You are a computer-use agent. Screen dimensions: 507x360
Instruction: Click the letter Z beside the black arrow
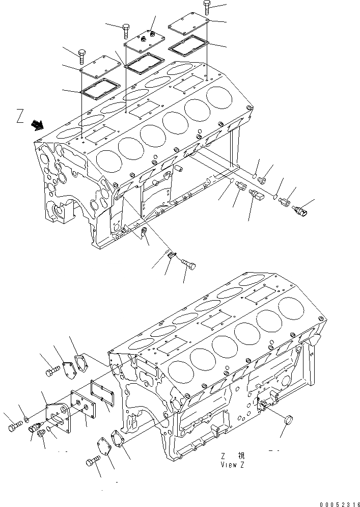[20, 117]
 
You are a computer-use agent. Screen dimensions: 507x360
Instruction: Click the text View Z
[233, 464]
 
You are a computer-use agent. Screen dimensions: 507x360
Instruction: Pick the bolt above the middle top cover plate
[126, 31]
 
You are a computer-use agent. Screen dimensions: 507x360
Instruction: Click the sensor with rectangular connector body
[256, 195]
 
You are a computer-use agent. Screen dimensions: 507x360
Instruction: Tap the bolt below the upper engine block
[188, 263]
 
